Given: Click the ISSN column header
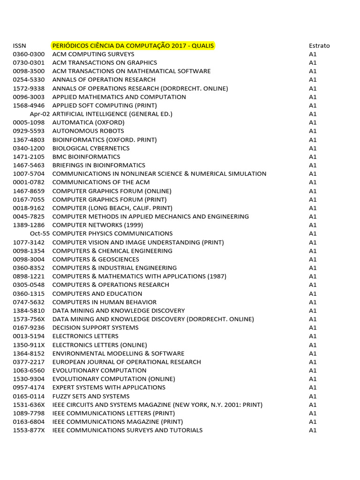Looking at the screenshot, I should tap(20, 45).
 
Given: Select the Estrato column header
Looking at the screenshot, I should tap(319, 45).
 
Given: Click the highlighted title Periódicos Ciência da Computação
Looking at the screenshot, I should tap(133, 45).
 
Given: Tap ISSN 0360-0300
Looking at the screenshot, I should tap(29, 54).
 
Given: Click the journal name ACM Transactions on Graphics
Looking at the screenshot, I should tap(105, 62).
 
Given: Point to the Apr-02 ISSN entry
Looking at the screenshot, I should tap(39, 114).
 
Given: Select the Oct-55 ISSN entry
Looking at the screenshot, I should tap(39, 233).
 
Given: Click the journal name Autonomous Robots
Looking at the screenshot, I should tap(88, 131).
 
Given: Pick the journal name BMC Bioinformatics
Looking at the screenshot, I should tap(86, 157).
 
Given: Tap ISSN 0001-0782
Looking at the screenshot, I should tap(29, 182).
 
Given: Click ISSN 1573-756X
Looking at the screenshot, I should tap(29, 319).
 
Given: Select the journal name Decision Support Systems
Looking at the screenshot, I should tap(96, 328).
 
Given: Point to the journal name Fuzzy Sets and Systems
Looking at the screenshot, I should tap(91, 396).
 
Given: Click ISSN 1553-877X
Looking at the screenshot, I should tap(29, 430).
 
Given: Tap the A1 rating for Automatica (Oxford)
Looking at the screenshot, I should tap(313, 122).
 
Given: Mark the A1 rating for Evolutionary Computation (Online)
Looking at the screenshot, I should tap(313, 379).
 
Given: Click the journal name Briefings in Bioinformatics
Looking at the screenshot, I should tap(99, 165).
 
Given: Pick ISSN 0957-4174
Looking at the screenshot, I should tap(29, 388).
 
